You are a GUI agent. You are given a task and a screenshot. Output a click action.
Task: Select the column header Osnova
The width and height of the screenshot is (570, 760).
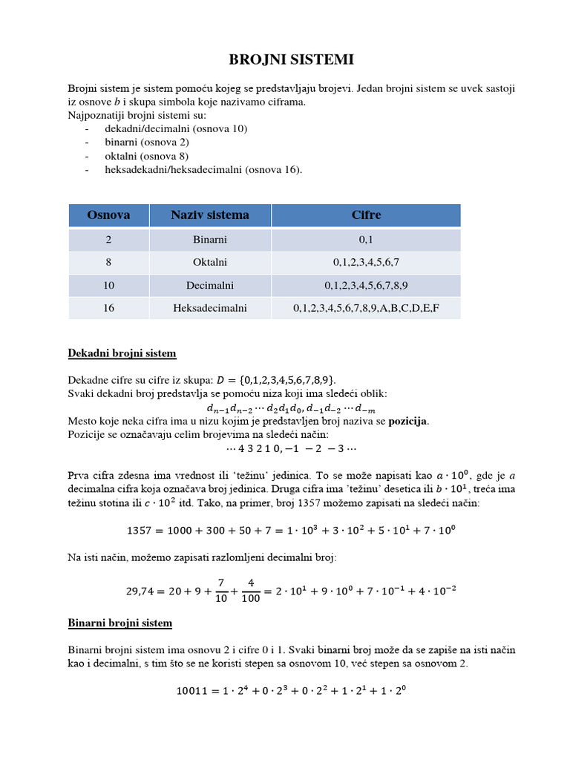click(108, 215)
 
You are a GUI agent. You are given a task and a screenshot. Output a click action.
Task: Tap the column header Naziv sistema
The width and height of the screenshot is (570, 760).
click(210, 215)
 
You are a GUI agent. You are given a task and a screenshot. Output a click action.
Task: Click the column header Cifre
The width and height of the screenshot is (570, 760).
click(366, 215)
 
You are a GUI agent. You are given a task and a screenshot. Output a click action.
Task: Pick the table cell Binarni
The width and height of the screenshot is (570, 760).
click(210, 240)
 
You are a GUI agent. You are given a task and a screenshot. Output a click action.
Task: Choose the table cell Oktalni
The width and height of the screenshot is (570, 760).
click(210, 262)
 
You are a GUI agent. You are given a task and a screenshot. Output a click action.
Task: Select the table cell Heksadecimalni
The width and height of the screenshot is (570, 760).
click(210, 307)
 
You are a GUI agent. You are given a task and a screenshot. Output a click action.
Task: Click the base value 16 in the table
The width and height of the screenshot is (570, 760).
click(108, 307)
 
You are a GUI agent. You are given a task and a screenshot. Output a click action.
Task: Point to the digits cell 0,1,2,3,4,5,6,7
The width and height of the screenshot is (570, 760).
click(366, 262)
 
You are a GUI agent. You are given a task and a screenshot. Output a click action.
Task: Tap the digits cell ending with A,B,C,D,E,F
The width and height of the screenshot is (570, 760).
click(366, 307)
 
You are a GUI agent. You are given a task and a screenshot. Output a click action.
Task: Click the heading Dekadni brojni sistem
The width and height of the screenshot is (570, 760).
click(122, 353)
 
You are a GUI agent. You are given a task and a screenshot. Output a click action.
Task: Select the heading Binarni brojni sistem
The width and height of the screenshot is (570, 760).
click(119, 623)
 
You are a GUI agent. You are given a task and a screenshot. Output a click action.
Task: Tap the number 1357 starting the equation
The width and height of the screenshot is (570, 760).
click(140, 531)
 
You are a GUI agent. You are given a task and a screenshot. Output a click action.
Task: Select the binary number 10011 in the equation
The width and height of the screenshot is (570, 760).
click(191, 691)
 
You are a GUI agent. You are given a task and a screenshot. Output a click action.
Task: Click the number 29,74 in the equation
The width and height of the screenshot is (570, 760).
click(142, 592)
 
